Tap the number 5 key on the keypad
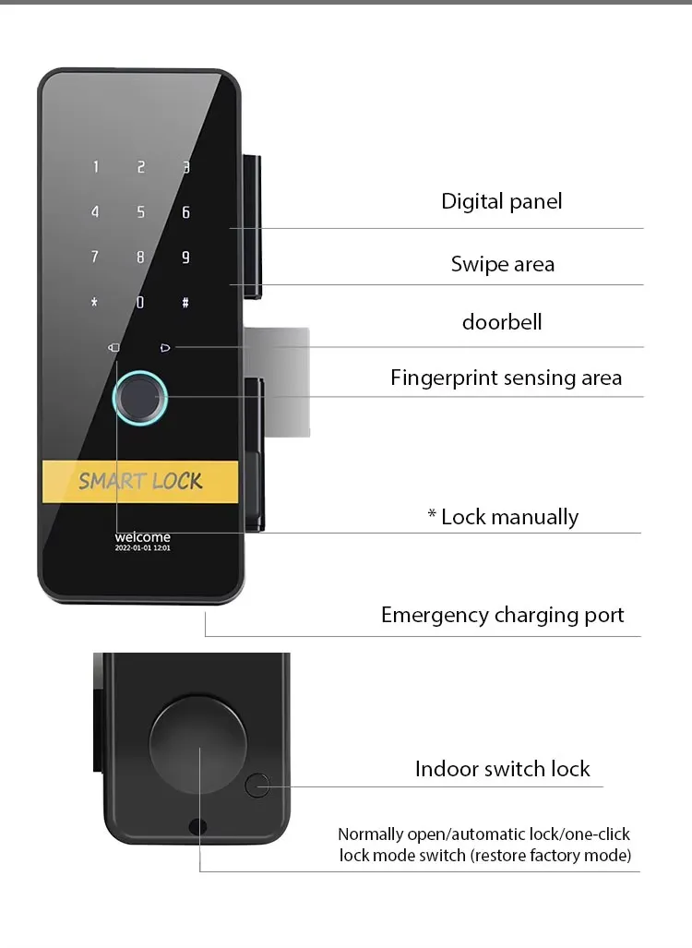pyautogui.click(x=141, y=212)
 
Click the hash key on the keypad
pyautogui.click(x=185, y=302)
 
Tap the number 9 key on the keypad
pyautogui.click(x=185, y=258)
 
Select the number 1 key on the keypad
pyautogui.click(x=95, y=167)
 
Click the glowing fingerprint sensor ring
pyautogui.click(x=140, y=399)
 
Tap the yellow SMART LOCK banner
pyautogui.click(x=140, y=481)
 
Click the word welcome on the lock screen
pyautogui.click(x=142, y=537)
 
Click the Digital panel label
pyautogui.click(x=501, y=201)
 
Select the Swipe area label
pyautogui.click(x=503, y=264)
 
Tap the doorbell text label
pyautogui.click(x=502, y=322)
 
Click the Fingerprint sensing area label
pyautogui.click(x=506, y=378)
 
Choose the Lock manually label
pyautogui.click(x=503, y=517)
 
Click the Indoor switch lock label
pyautogui.click(x=502, y=769)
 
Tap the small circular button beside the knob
pyautogui.click(x=257, y=786)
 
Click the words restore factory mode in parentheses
pyautogui.click(x=551, y=856)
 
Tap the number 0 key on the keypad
pyautogui.click(x=140, y=302)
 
